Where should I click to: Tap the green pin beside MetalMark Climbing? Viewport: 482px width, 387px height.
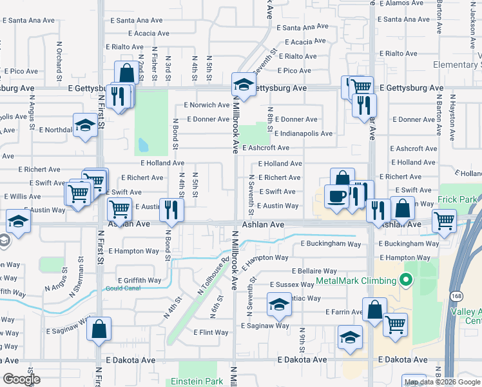pyautogui.click(x=405, y=281)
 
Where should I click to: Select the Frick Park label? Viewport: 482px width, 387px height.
pyautogui.click(x=459, y=200)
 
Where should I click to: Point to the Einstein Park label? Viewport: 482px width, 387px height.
pyautogui.click(x=196, y=381)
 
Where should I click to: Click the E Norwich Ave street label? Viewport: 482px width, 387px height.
pyautogui.click(x=207, y=104)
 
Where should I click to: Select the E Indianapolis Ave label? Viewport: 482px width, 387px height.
pyautogui.click(x=303, y=134)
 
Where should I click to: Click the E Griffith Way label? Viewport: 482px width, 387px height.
pyautogui.click(x=139, y=281)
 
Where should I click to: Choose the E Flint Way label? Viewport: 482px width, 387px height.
pyautogui.click(x=211, y=333)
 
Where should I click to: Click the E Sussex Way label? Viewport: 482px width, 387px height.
pyautogui.click(x=292, y=284)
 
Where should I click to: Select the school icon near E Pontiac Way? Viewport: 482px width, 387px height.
pyautogui.click(x=279, y=304)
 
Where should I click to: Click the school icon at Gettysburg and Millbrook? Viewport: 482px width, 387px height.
pyautogui.click(x=244, y=84)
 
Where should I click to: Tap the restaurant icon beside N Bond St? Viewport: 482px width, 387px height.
pyautogui.click(x=171, y=208)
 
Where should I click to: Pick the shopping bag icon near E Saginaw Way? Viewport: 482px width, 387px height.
pyautogui.click(x=99, y=328)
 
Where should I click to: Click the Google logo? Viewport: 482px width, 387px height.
pyautogui.click(x=21, y=379)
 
